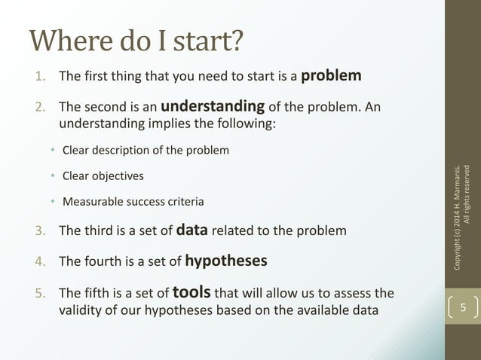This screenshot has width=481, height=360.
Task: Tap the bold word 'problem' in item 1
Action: pos(331,75)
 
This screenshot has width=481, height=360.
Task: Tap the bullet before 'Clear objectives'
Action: pos(53,176)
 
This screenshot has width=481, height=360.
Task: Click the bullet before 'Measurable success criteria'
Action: pos(53,202)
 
